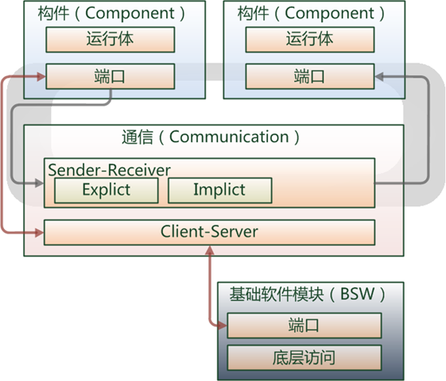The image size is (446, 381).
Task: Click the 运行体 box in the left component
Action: pyautogui.click(x=110, y=40)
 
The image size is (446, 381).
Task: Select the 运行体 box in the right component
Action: pyautogui.click(x=309, y=40)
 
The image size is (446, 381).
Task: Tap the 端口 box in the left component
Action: pyautogui.click(x=110, y=77)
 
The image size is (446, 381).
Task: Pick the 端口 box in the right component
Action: pyautogui.click(x=309, y=77)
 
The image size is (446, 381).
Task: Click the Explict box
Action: pyautogui.click(x=106, y=190)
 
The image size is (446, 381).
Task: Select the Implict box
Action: pyautogui.click(x=219, y=190)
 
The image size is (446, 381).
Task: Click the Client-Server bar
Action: pyautogui.click(x=209, y=233)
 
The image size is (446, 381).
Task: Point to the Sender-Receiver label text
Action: pyautogui.click(x=109, y=170)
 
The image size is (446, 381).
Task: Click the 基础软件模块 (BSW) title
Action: pyautogui.click(x=302, y=294)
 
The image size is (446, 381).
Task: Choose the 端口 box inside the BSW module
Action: pyautogui.click(x=304, y=325)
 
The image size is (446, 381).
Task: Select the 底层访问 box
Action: pyautogui.click(x=304, y=356)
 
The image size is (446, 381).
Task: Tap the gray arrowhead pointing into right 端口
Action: pyautogui.click(x=380, y=77)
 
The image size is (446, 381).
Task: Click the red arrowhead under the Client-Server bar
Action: pyautogui.click(x=209, y=250)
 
